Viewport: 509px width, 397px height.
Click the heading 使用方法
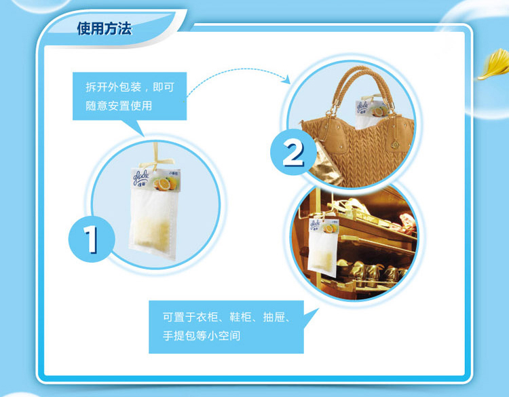click(105, 29)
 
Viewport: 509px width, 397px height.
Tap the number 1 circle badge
click(92, 240)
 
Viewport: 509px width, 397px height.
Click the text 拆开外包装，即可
click(130, 87)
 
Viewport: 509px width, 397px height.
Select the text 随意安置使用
click(119, 105)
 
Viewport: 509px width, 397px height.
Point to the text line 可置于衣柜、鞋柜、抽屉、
click(227, 317)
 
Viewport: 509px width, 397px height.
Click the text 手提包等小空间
click(202, 336)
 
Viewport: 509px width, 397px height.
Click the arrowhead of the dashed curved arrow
click(286, 79)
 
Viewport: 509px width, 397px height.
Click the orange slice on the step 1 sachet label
click(164, 184)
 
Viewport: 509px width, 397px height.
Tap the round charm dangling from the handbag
click(395, 144)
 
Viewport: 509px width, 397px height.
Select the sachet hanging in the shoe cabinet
click(323, 247)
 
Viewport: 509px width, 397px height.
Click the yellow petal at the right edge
click(495, 64)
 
